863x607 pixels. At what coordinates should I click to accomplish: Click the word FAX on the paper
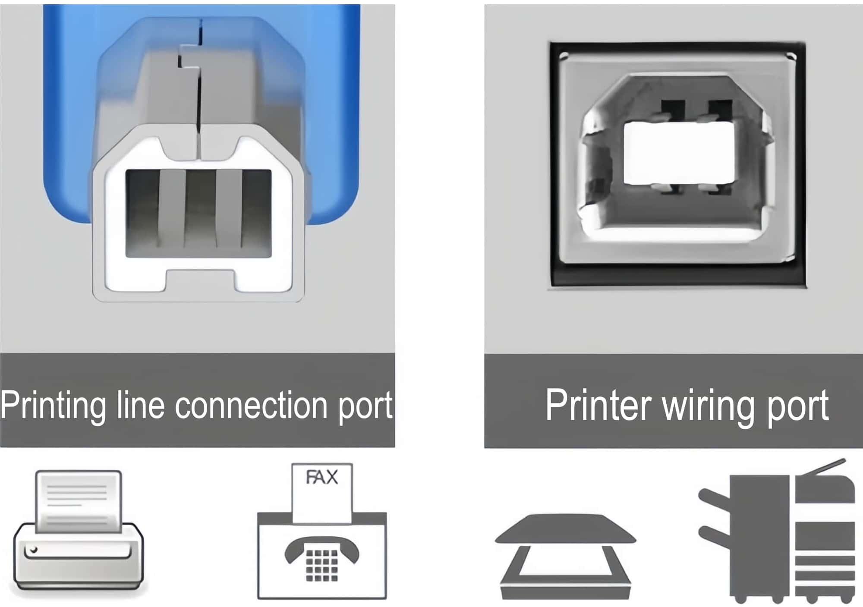click(x=322, y=478)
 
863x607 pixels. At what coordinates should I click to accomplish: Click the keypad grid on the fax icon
click(x=321, y=565)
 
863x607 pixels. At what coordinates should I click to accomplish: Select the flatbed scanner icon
click(x=565, y=557)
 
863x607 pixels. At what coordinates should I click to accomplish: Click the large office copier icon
click(x=777, y=535)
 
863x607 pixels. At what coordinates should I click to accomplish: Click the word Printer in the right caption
click(x=598, y=406)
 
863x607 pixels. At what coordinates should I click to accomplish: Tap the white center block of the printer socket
click(x=679, y=153)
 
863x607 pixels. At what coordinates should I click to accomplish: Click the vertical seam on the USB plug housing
click(x=198, y=95)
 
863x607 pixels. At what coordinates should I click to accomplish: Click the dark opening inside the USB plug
click(x=198, y=214)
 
